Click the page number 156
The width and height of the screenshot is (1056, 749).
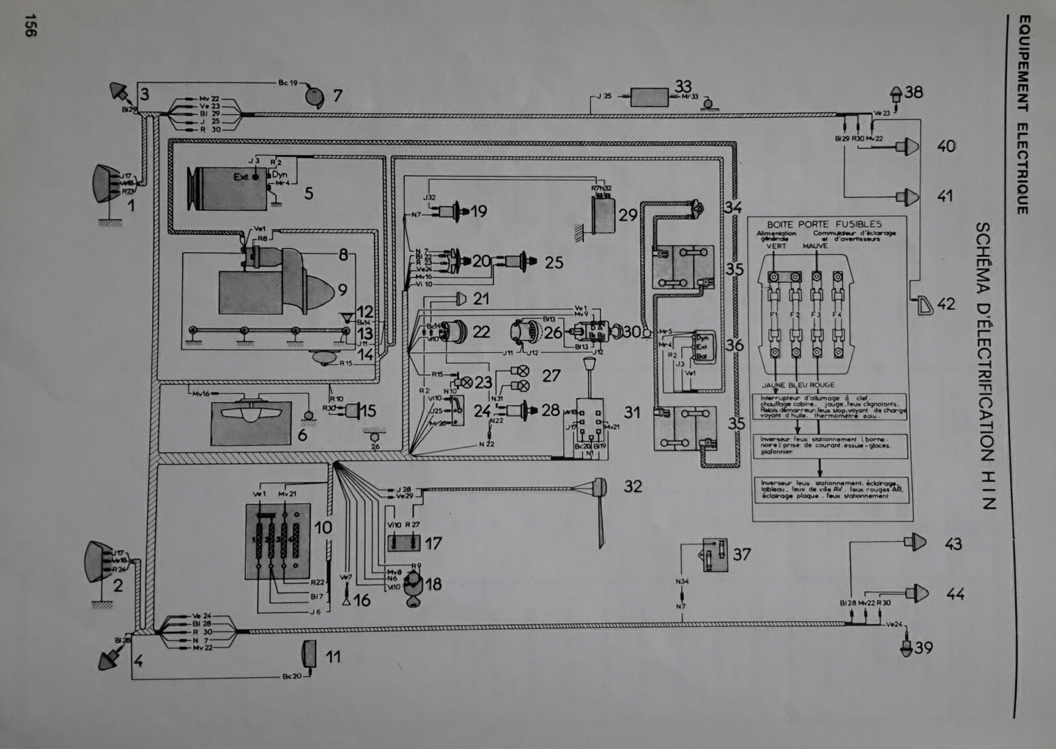(29, 25)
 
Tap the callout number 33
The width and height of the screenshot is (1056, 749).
(683, 86)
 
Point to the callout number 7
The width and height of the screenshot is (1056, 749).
(337, 96)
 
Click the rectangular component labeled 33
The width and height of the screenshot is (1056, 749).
(649, 97)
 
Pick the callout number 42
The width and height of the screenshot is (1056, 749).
(946, 304)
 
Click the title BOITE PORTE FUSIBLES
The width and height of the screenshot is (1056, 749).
(824, 224)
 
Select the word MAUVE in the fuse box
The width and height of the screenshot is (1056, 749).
(815, 246)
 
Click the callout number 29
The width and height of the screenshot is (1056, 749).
(628, 215)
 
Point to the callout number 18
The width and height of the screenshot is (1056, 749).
(433, 585)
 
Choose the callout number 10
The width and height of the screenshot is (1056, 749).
(323, 528)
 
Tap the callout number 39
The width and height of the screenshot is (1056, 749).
(924, 648)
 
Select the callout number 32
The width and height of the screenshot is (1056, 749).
(633, 487)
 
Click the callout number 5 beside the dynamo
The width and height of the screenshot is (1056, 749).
(308, 194)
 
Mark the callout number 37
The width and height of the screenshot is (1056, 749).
(741, 554)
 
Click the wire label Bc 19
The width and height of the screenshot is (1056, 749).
(288, 83)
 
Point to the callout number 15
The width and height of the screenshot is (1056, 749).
(368, 411)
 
